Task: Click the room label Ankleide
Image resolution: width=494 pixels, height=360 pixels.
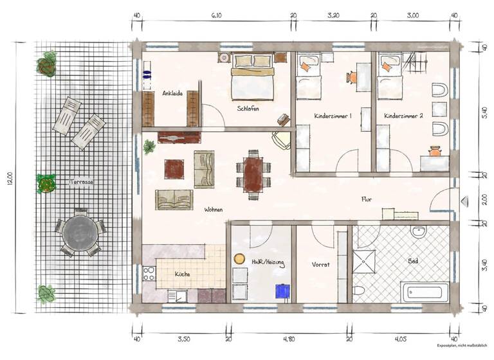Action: pos(172,93)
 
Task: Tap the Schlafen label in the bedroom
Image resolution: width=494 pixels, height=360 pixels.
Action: pos(248,109)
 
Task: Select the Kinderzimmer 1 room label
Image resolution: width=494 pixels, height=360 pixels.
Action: pos(333,116)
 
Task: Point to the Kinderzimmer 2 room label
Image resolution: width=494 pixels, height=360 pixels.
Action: pos(403,116)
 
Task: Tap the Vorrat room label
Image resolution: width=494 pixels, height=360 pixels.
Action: pos(320,264)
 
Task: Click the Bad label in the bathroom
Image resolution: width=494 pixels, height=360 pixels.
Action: pos(413,262)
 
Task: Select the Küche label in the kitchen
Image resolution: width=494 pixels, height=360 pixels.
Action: pos(182,274)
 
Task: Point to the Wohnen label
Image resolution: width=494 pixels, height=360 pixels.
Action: pos(214,210)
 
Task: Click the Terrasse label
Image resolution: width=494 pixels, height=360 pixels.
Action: pos(82,183)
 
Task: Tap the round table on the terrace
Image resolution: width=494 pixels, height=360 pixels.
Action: pos(80,231)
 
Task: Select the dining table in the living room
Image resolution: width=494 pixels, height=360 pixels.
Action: pos(252,173)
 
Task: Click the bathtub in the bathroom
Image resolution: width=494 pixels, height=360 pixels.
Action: pos(424,291)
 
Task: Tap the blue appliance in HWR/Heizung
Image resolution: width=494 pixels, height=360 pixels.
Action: pos(281,291)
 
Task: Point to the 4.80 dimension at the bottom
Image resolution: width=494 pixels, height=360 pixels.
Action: pos(289,338)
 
